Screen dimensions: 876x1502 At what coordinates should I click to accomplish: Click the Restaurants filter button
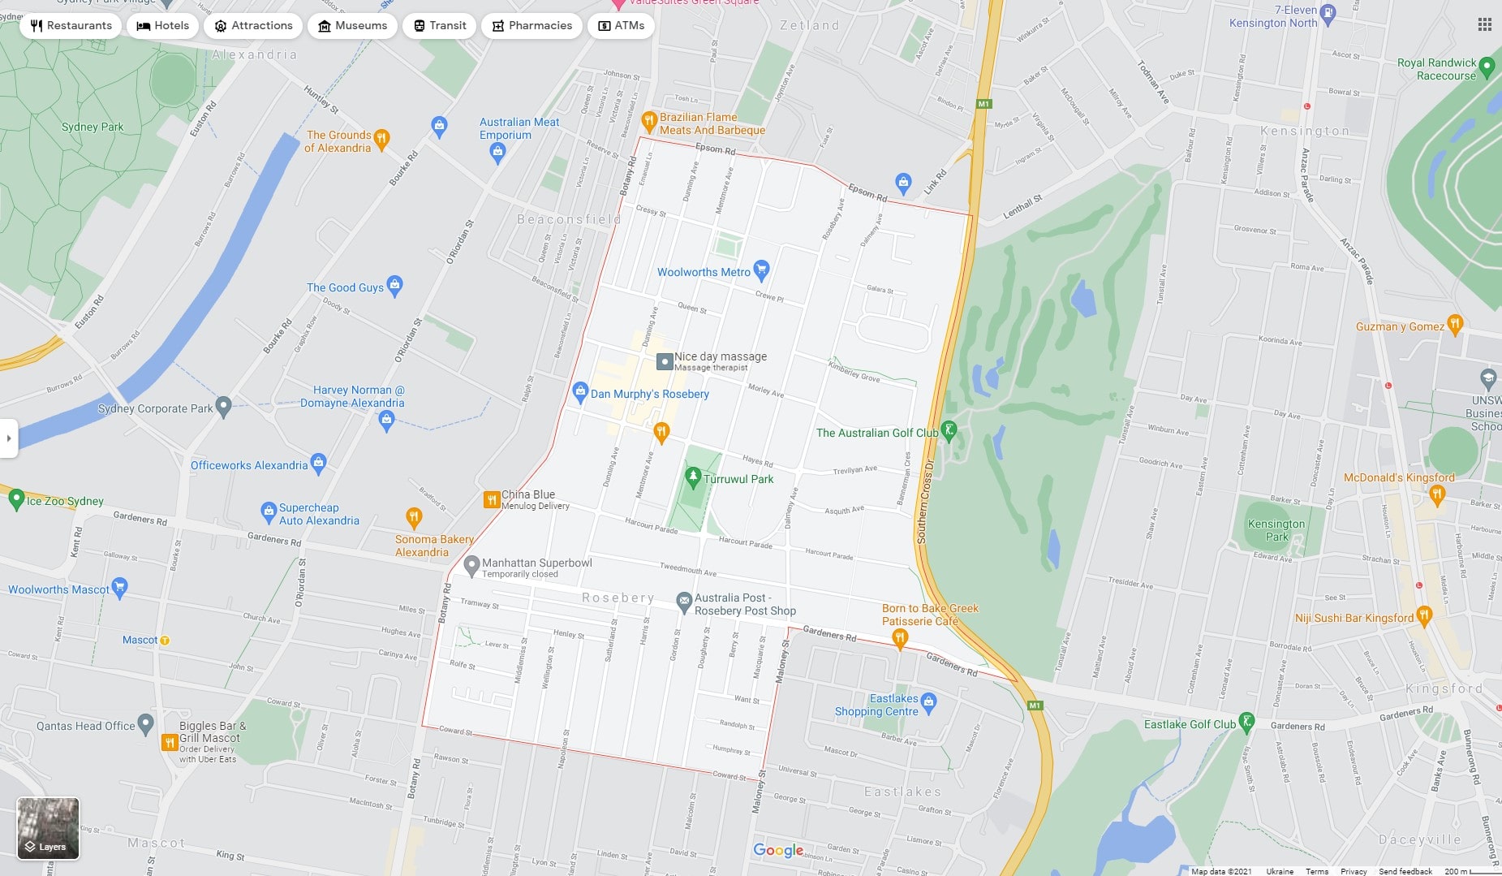coord(71,26)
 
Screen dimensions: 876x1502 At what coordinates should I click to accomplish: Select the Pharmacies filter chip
coord(532,26)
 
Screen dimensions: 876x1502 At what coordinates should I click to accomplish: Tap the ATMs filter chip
coord(621,26)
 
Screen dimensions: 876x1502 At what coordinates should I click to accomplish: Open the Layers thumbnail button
coord(48,828)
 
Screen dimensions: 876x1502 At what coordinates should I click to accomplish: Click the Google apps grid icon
coord(1484,25)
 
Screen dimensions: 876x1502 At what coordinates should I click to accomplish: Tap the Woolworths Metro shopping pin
coord(760,270)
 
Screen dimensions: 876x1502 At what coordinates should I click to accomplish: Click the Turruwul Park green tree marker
coord(692,476)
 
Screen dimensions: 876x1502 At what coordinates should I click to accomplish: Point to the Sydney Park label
coord(93,127)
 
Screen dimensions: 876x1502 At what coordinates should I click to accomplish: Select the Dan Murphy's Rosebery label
coord(649,394)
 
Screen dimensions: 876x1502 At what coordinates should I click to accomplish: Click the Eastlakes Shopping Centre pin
coord(929,701)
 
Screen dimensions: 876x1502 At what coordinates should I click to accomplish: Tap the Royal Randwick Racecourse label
coord(1436,69)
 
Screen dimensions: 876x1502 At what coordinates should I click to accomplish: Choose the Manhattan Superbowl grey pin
coord(471,563)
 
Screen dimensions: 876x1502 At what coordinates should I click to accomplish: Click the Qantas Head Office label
coord(85,726)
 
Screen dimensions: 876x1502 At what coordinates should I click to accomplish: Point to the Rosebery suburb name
coord(618,598)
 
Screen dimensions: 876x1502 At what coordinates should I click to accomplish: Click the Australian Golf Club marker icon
coord(949,429)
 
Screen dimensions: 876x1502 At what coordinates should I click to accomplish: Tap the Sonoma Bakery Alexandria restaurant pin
coord(414,516)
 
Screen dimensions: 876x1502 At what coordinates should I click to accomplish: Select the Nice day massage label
coord(720,356)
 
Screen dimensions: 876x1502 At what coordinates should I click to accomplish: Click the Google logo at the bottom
coord(777,850)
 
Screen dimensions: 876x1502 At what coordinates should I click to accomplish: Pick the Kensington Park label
coord(1276,530)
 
